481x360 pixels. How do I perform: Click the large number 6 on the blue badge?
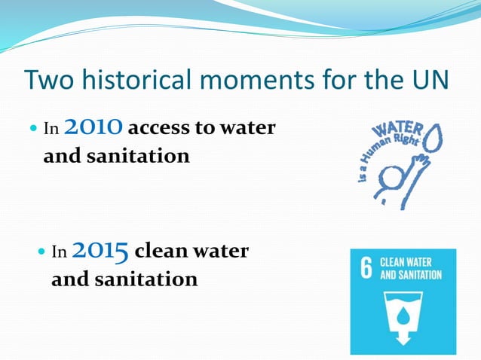(x=366, y=270)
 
